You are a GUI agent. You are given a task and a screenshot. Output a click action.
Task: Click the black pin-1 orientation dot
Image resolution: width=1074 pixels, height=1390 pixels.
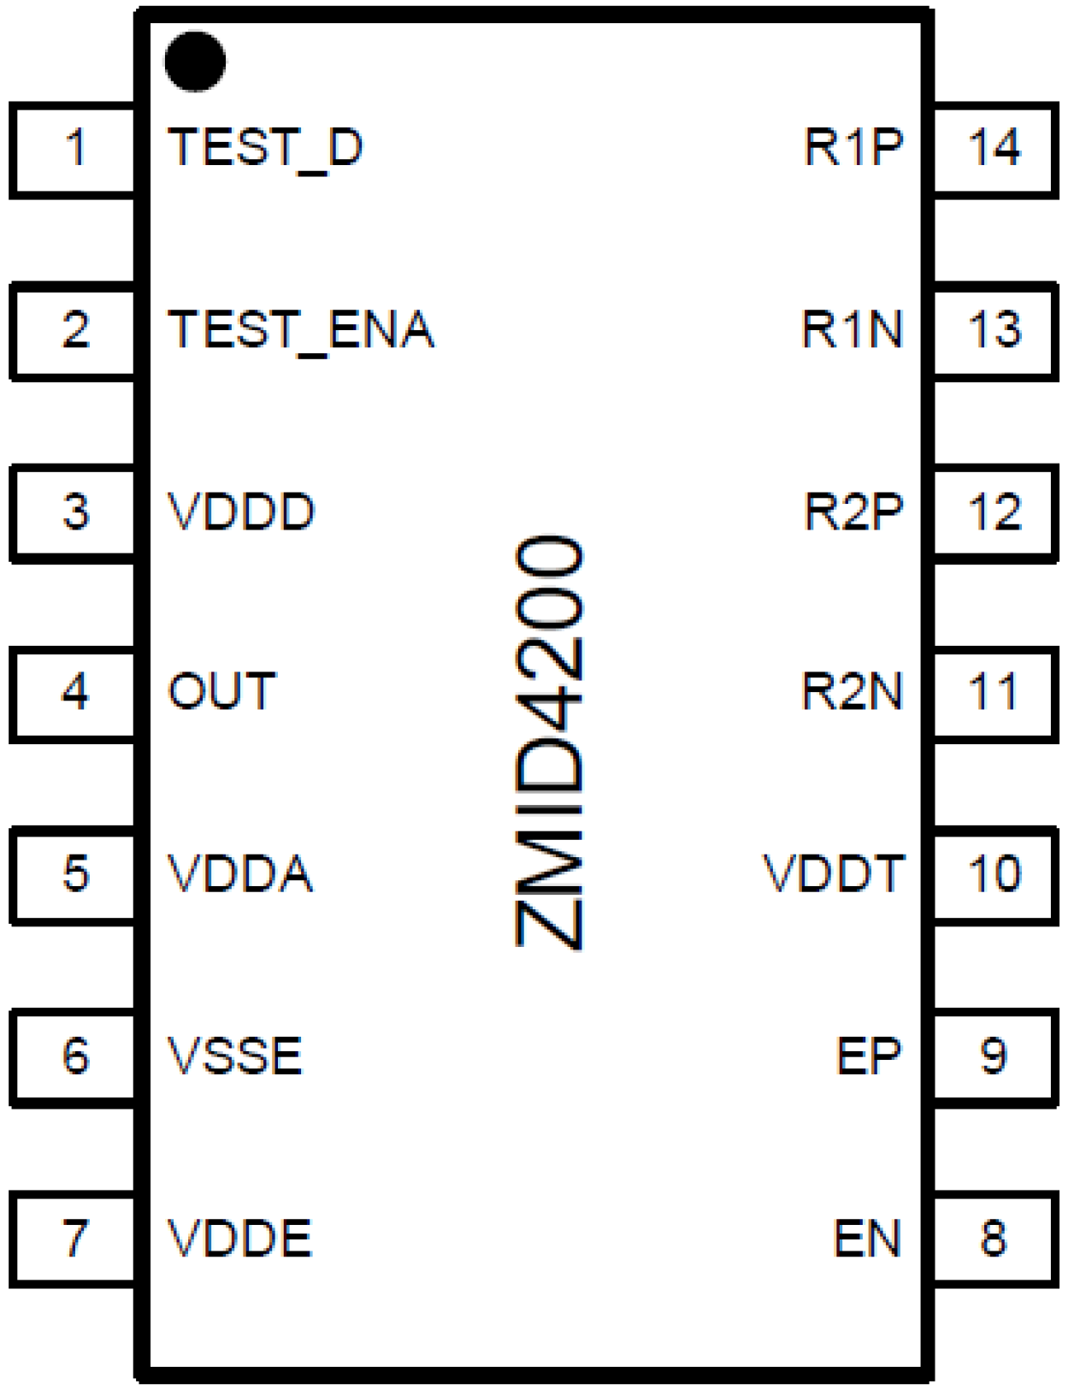[195, 61]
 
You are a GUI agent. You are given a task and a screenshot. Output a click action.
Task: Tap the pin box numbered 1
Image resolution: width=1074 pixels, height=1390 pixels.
[74, 149]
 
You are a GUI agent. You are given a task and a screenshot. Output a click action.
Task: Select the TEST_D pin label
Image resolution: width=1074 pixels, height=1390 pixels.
[265, 148]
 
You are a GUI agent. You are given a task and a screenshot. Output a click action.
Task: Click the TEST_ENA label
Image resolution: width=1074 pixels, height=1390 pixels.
[301, 330]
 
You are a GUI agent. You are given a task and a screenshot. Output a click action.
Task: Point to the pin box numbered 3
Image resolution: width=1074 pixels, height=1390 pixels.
[74, 512]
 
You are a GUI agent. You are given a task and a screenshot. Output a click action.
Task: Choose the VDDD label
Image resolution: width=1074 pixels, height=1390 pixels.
[241, 512]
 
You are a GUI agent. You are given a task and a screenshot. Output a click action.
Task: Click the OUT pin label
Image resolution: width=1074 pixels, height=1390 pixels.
[222, 691]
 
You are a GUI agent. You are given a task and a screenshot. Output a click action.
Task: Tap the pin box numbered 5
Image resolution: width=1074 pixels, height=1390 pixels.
[74, 874]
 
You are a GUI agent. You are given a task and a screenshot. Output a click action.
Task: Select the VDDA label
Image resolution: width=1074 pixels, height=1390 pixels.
[240, 874]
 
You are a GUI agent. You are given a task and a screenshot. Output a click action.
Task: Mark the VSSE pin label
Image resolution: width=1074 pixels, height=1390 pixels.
[234, 1056]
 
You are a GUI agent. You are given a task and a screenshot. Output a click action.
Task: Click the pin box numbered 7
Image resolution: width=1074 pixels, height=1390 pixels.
[74, 1237]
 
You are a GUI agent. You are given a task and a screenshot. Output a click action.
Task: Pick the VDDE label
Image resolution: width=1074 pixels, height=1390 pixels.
[239, 1238]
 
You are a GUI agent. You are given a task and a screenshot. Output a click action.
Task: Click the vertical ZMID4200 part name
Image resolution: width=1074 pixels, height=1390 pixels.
[550, 742]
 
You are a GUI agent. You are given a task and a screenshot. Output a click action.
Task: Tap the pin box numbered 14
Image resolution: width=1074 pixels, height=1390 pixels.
[994, 149]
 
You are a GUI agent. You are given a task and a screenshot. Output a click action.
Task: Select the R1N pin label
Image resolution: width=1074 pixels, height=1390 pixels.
[852, 329]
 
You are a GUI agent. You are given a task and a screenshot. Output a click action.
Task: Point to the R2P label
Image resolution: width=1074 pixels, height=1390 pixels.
[853, 512]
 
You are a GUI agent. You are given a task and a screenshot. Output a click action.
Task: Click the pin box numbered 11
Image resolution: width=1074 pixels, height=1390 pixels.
[994, 691]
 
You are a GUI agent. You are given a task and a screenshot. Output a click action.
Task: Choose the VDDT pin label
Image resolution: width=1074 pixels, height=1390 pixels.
[833, 874]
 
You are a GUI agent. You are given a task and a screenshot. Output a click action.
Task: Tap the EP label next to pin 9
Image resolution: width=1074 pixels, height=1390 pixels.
[869, 1056]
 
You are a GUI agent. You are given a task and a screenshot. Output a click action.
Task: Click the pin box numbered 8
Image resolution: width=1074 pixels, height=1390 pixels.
[994, 1237]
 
